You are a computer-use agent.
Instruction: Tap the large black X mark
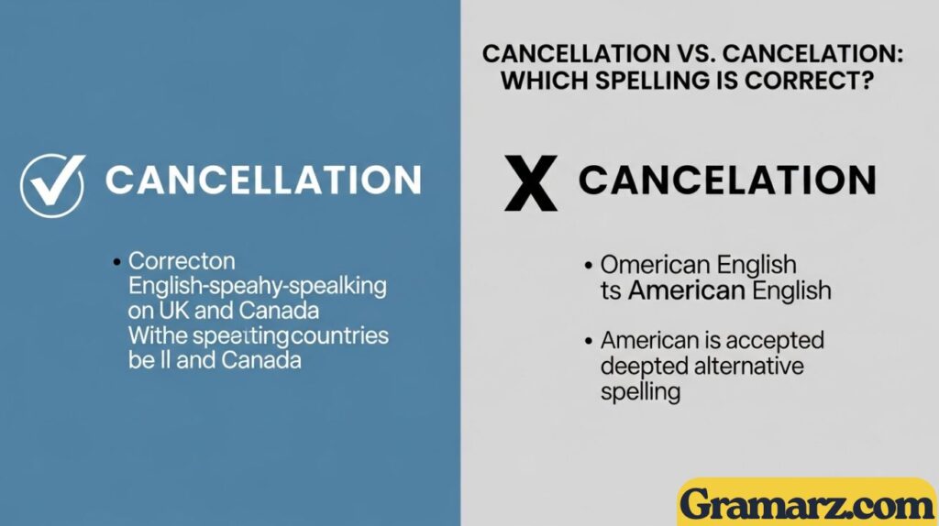531,182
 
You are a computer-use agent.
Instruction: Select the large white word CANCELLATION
263,180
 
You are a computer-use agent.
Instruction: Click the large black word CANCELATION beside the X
727,180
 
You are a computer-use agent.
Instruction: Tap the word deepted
642,367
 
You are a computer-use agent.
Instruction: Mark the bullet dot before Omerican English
588,267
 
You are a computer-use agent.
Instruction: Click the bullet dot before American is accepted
588,342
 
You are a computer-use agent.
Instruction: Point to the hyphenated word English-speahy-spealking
257,286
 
